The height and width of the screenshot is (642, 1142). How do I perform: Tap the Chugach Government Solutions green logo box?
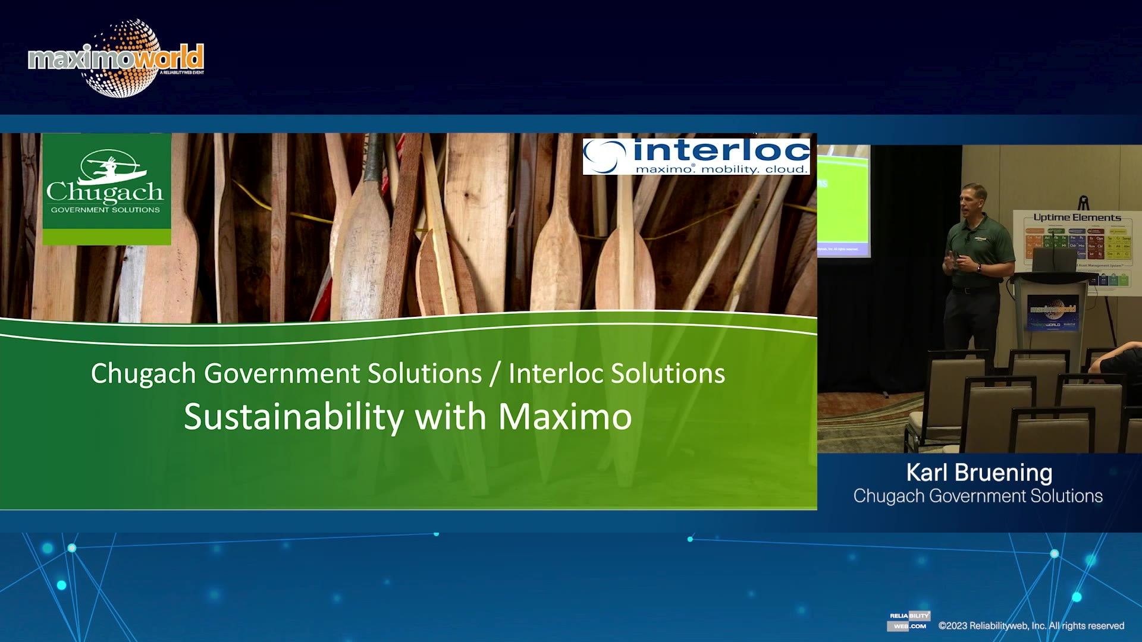click(106, 189)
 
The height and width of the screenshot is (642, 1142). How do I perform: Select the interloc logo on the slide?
click(697, 156)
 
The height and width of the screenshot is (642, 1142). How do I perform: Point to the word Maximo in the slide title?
click(565, 417)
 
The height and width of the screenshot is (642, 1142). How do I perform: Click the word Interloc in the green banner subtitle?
click(556, 374)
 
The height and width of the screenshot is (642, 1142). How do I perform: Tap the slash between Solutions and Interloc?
click(495, 374)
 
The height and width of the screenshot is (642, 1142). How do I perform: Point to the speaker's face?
click(974, 200)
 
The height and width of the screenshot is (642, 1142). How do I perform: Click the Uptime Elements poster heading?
click(1077, 218)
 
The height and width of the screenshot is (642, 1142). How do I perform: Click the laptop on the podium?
click(1054, 260)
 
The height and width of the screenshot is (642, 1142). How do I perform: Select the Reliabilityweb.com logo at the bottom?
click(908, 621)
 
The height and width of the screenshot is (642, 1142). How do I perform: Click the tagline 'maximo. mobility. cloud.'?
click(722, 169)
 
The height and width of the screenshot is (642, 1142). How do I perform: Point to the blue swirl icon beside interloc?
click(605, 156)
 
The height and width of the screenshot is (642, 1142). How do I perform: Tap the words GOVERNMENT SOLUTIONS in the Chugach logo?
click(105, 210)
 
